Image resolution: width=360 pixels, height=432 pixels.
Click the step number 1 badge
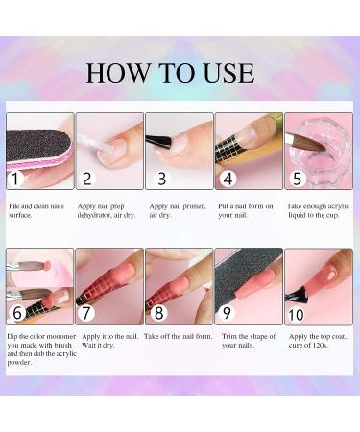(17, 178)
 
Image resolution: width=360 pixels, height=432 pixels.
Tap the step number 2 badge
(87, 178)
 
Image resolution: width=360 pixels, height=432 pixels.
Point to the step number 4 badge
(228, 178)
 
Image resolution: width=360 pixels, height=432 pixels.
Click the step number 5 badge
(299, 178)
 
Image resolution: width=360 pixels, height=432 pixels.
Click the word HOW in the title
(116, 74)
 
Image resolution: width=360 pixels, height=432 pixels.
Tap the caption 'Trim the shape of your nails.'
(245, 342)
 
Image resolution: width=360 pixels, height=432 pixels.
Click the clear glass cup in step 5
(319, 144)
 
